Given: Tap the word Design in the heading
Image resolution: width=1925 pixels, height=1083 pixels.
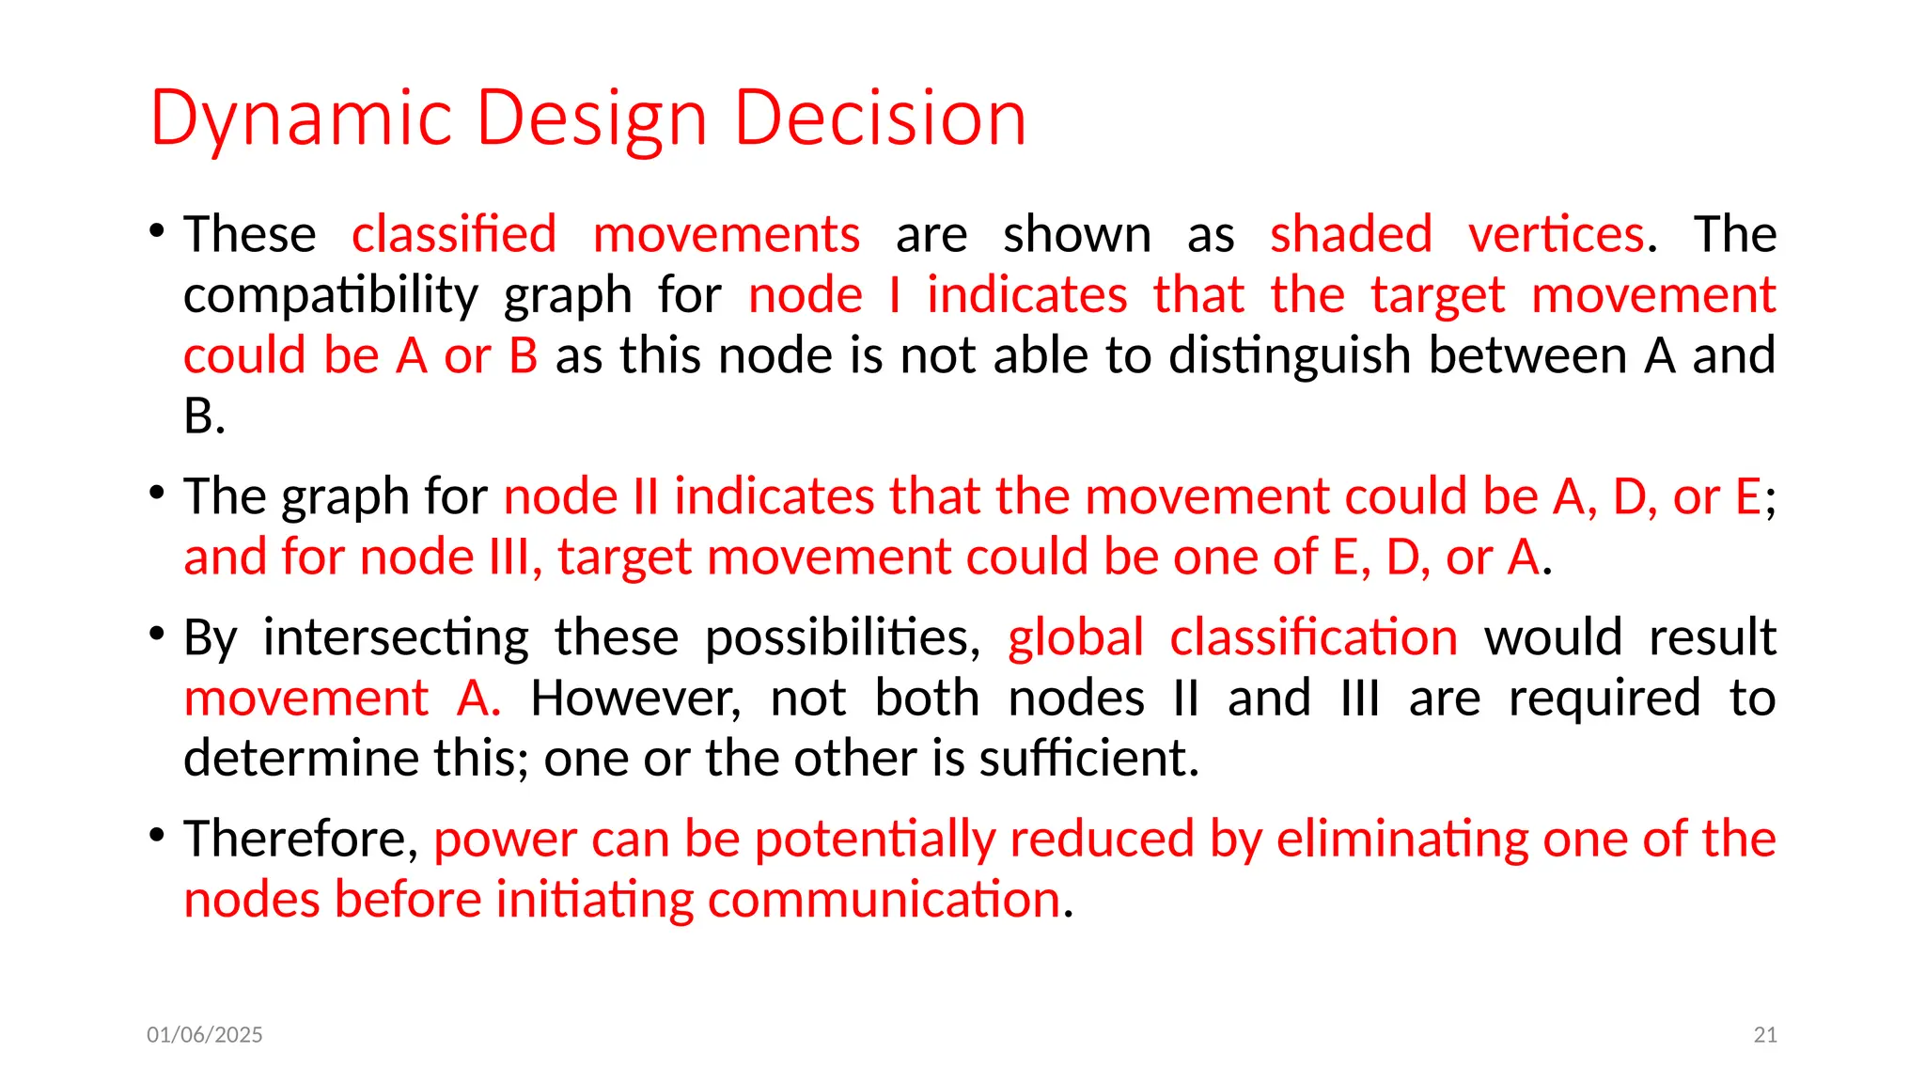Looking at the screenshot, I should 591,119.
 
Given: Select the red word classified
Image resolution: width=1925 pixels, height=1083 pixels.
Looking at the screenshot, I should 454,234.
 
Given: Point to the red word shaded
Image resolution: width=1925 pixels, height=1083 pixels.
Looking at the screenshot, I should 1351,234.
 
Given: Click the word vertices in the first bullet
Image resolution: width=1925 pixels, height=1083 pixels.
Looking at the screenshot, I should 1556,234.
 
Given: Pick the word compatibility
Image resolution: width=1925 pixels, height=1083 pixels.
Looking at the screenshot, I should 330,295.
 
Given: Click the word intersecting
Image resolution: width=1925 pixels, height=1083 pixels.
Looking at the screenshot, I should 396,637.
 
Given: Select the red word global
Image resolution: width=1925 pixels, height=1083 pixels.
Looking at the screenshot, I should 1075,637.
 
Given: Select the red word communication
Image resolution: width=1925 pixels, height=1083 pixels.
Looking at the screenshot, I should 884,900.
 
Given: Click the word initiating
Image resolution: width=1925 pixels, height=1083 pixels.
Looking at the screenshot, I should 594,900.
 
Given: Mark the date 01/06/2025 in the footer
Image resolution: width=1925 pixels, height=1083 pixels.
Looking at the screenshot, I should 205,1035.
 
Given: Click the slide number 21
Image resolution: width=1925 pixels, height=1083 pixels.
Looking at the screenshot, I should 1765,1035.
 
